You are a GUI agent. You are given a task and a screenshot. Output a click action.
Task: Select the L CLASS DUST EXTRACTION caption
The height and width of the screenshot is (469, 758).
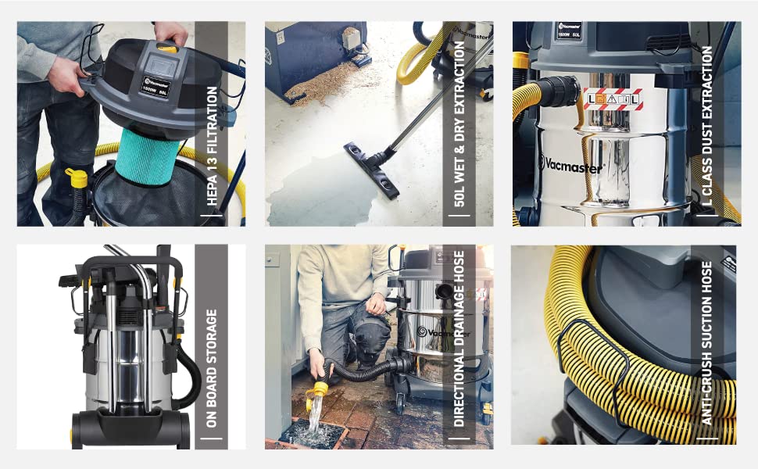707,130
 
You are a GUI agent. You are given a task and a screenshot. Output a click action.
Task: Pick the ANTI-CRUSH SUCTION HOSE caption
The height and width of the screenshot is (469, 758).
707,343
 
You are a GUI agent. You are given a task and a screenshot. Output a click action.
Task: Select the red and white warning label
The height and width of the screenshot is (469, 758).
613,100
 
